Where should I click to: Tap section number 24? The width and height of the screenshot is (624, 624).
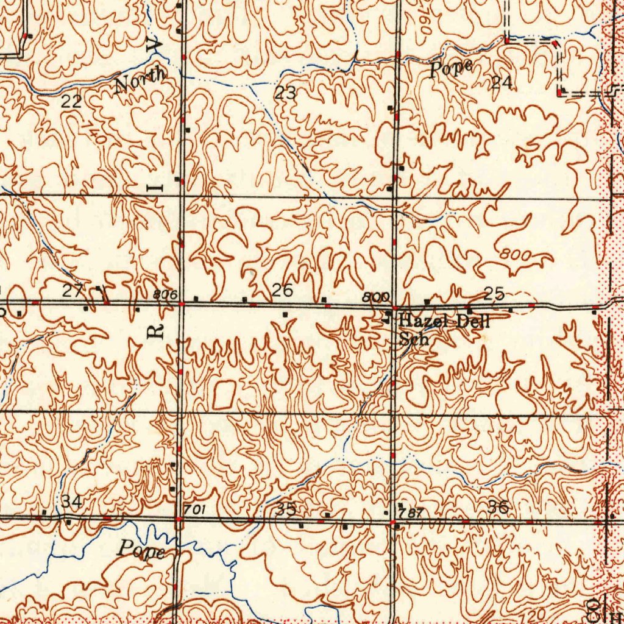pyautogui.click(x=502, y=83)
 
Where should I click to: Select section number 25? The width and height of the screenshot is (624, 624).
pyautogui.click(x=494, y=294)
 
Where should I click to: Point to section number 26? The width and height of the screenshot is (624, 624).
pyautogui.click(x=282, y=290)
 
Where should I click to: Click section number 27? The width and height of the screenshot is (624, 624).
pyautogui.click(x=73, y=291)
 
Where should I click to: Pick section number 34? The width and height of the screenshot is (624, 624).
pyautogui.click(x=71, y=502)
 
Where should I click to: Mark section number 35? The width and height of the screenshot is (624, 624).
pyautogui.click(x=286, y=508)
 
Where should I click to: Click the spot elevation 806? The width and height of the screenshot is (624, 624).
pyautogui.click(x=165, y=295)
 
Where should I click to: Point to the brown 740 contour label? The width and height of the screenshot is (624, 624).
pyautogui.click(x=93, y=132)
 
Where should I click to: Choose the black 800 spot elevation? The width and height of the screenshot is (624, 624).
pyautogui.click(x=375, y=297)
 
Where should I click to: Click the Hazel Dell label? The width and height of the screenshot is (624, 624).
pyautogui.click(x=444, y=321)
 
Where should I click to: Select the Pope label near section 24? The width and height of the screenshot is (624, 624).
pyautogui.click(x=451, y=68)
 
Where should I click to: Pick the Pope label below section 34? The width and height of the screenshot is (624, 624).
pyautogui.click(x=141, y=550)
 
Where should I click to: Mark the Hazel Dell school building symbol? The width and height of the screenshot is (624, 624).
pyautogui.click(x=388, y=317)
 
